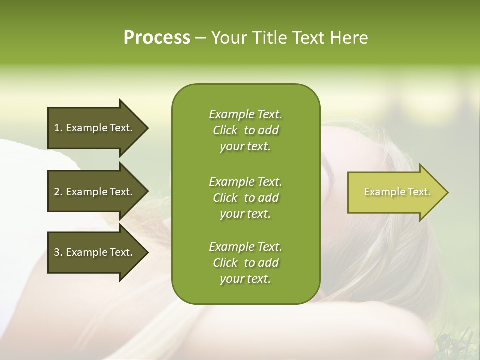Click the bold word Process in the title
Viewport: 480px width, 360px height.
(x=157, y=38)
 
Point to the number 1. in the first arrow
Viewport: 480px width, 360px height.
(x=58, y=128)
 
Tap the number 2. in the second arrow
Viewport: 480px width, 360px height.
(x=58, y=192)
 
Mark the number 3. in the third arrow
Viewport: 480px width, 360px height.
(x=58, y=252)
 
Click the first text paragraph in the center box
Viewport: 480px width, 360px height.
(x=245, y=130)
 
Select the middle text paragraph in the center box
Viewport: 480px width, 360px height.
(x=245, y=198)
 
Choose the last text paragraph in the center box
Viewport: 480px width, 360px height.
(x=245, y=263)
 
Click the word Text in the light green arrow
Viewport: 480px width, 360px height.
(x=419, y=192)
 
